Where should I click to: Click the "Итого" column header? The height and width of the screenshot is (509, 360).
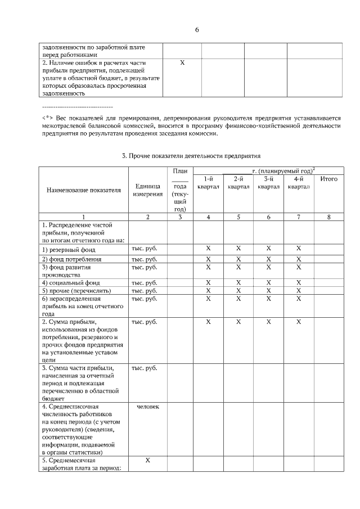coord(328,179)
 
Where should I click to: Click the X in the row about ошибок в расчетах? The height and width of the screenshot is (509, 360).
coord(182,63)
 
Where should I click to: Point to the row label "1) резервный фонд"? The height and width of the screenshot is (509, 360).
coord(69,249)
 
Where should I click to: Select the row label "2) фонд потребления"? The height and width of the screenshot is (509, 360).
coord(72,259)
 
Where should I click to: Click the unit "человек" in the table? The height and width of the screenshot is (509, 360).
coord(147,406)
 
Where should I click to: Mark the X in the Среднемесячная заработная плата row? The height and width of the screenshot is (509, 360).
coord(147,460)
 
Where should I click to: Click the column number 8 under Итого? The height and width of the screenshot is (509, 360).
coord(328,217)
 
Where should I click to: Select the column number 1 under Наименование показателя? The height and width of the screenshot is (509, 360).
coord(83,217)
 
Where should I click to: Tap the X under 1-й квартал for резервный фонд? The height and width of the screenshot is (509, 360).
coord(208,248)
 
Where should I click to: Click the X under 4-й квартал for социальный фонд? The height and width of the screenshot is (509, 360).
coord(299,282)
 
